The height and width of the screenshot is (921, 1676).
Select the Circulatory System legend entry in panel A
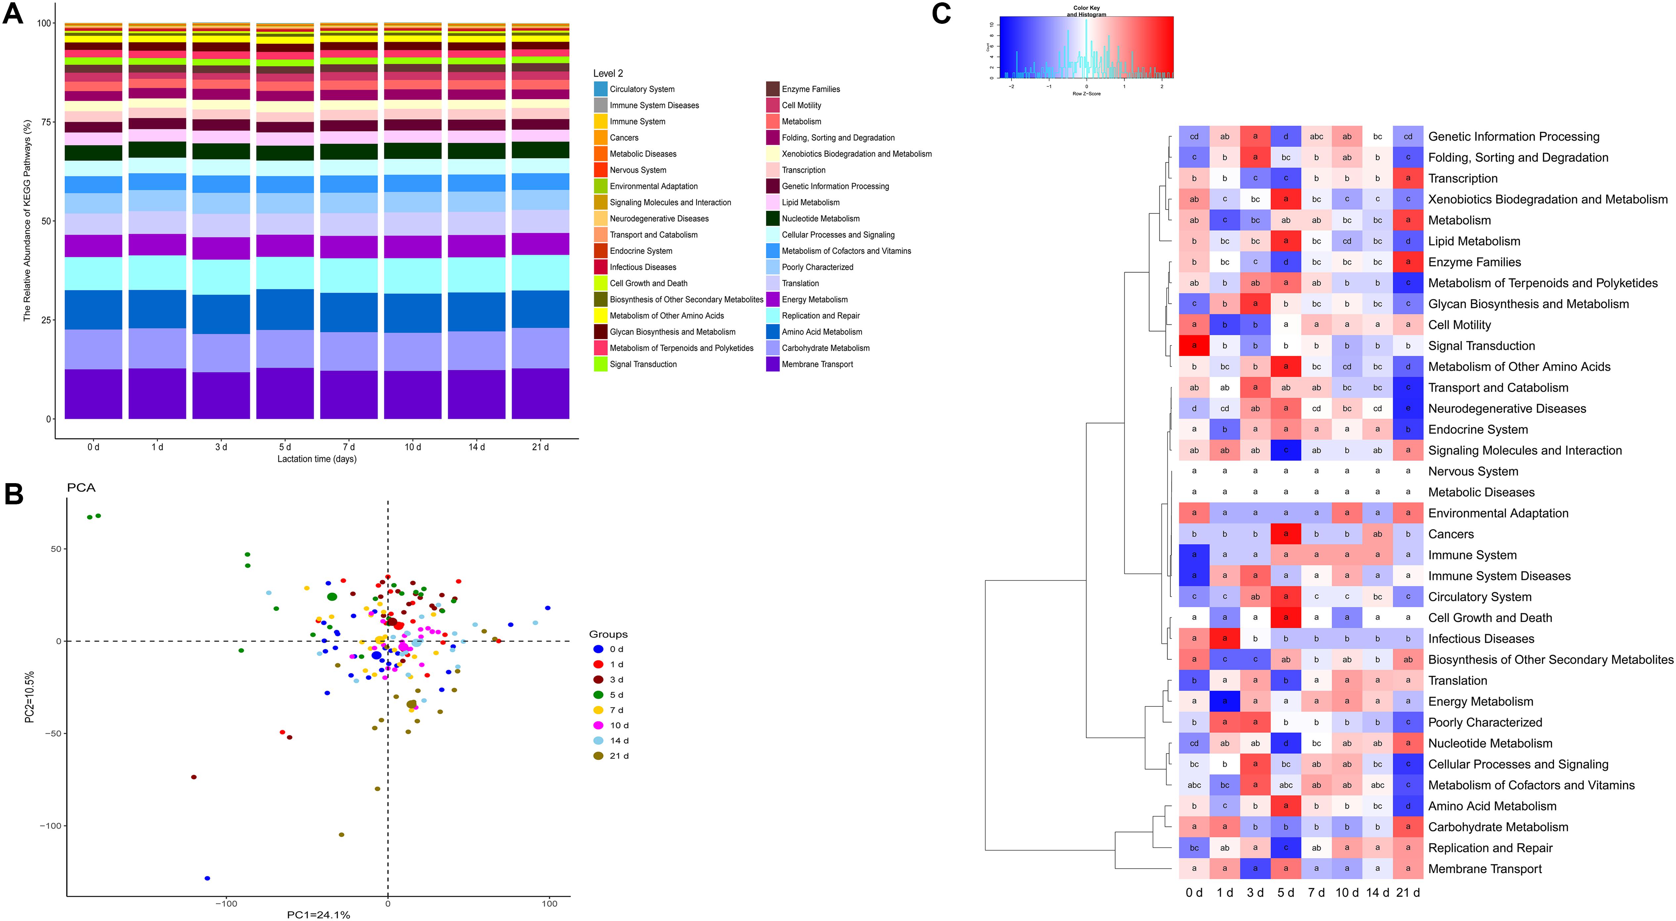(x=641, y=89)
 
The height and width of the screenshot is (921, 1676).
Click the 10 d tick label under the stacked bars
(x=412, y=447)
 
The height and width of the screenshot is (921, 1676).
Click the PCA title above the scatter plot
(x=81, y=488)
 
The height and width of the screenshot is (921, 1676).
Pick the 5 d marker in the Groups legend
(x=598, y=695)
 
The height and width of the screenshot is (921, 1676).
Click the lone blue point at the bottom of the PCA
(x=207, y=878)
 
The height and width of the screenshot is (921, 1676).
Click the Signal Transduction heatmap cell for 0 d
(x=1194, y=345)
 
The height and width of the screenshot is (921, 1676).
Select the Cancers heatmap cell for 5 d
(x=1286, y=534)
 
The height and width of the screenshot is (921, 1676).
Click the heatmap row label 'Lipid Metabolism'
(x=1474, y=241)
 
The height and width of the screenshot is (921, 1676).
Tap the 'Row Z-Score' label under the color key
(x=1086, y=94)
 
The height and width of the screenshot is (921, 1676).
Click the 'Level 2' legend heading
(x=608, y=73)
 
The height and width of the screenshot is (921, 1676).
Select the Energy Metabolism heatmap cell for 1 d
(x=1225, y=701)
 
